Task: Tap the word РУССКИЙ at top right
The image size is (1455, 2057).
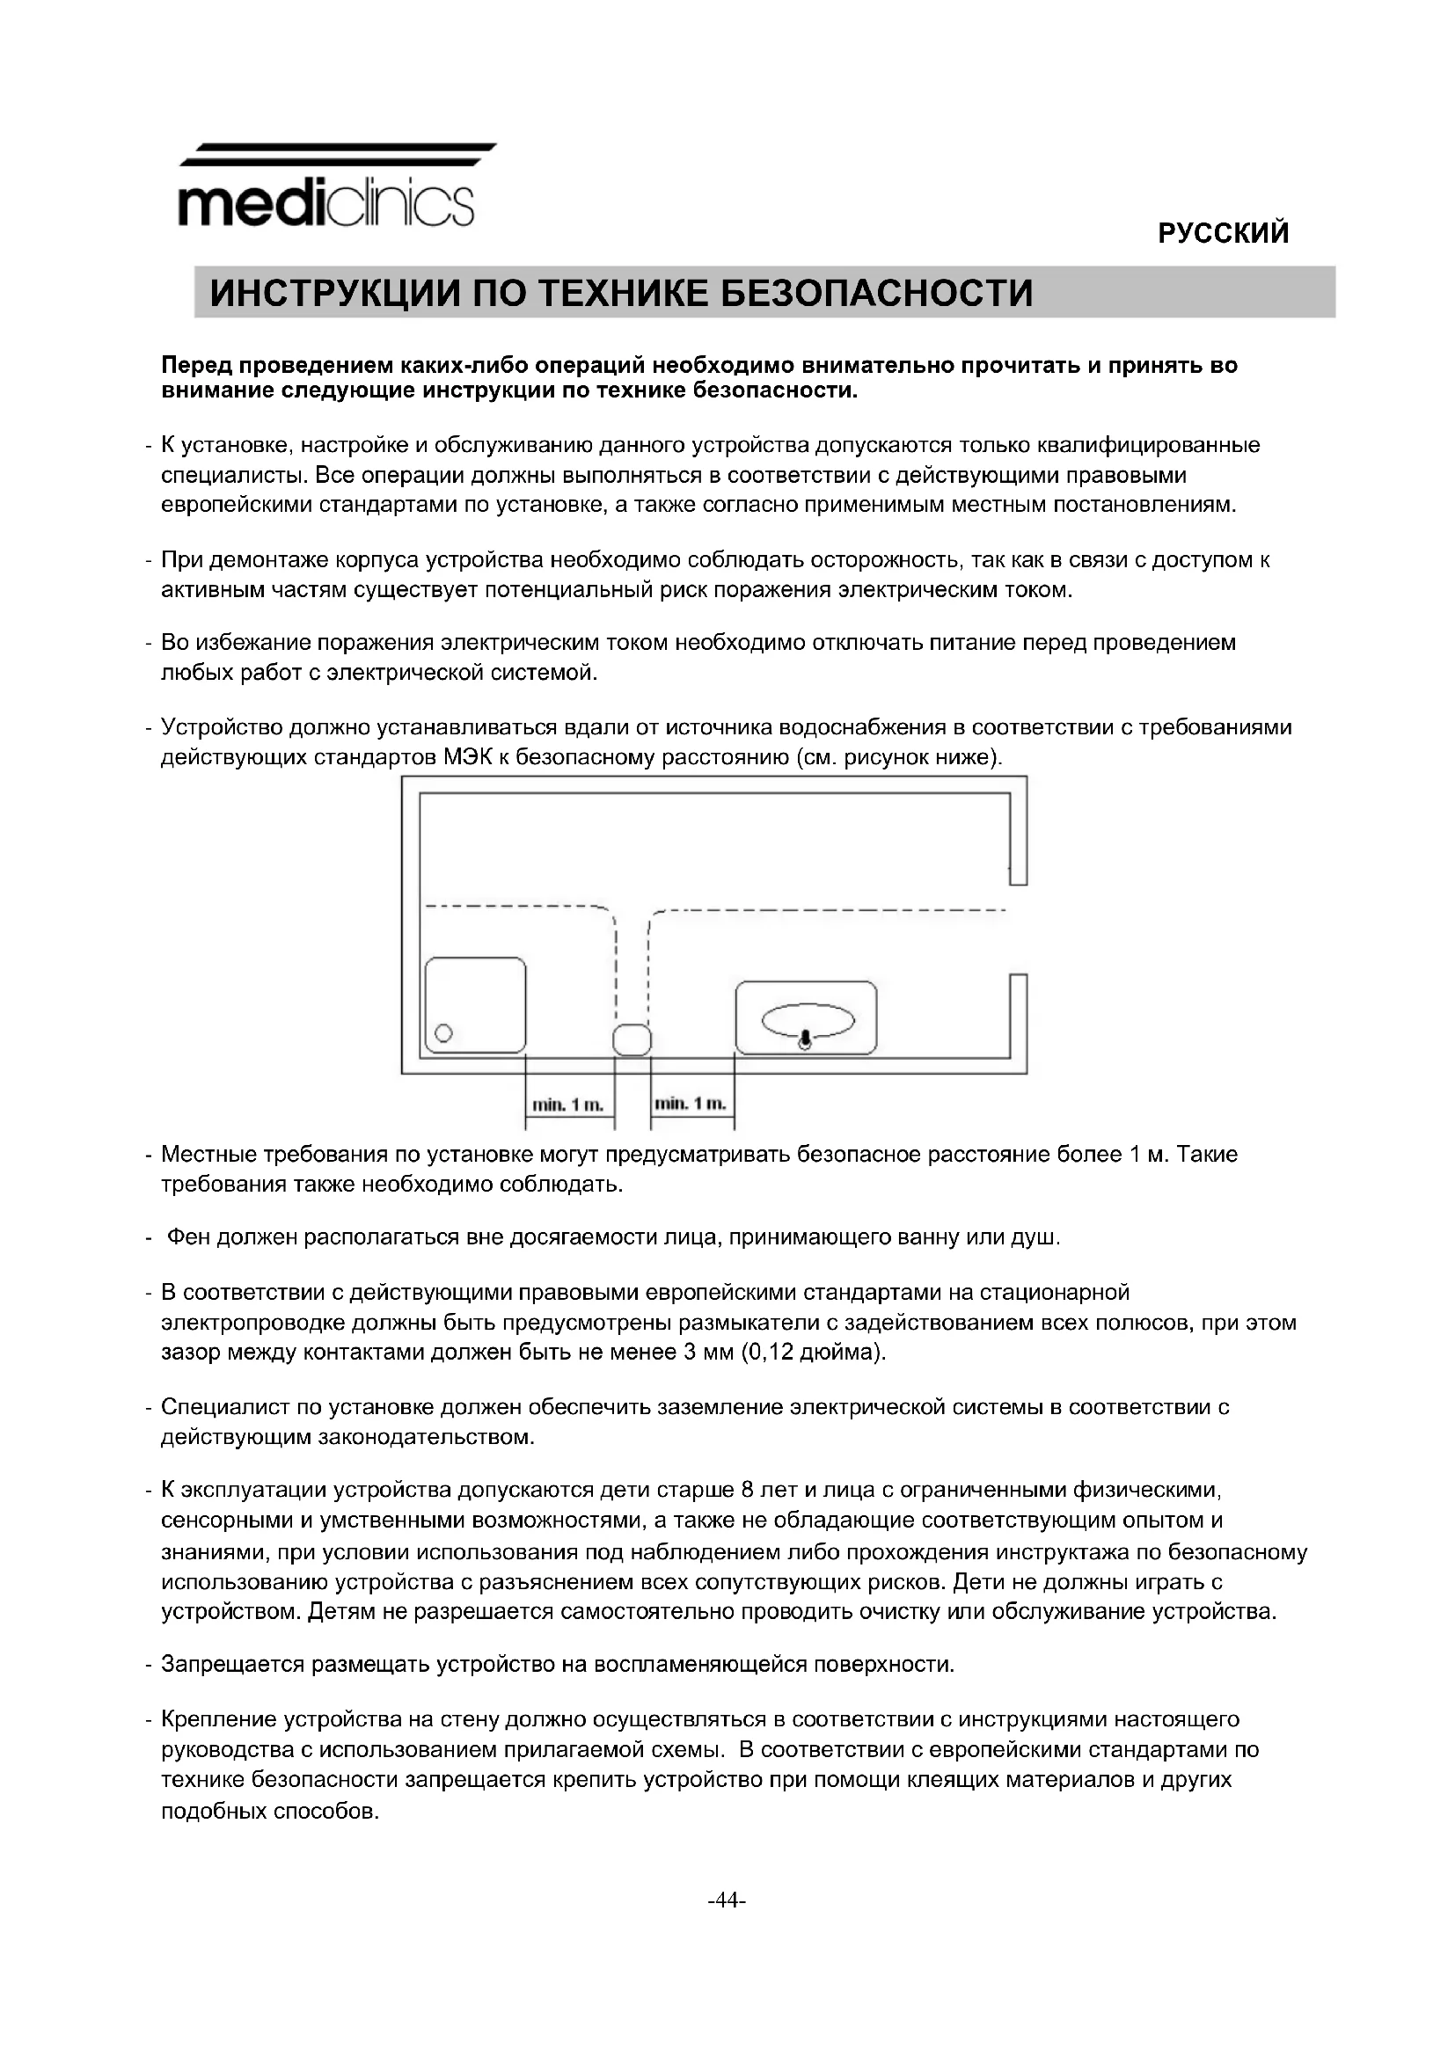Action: tap(1223, 233)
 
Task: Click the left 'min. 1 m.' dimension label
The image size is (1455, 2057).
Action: tap(567, 1105)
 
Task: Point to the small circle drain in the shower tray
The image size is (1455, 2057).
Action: tap(443, 1033)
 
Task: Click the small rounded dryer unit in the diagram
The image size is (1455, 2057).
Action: tap(632, 1039)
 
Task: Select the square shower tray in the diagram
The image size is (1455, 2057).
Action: tap(475, 1003)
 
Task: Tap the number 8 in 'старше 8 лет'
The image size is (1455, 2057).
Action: tap(749, 1490)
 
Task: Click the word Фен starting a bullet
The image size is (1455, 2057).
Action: tap(188, 1237)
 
